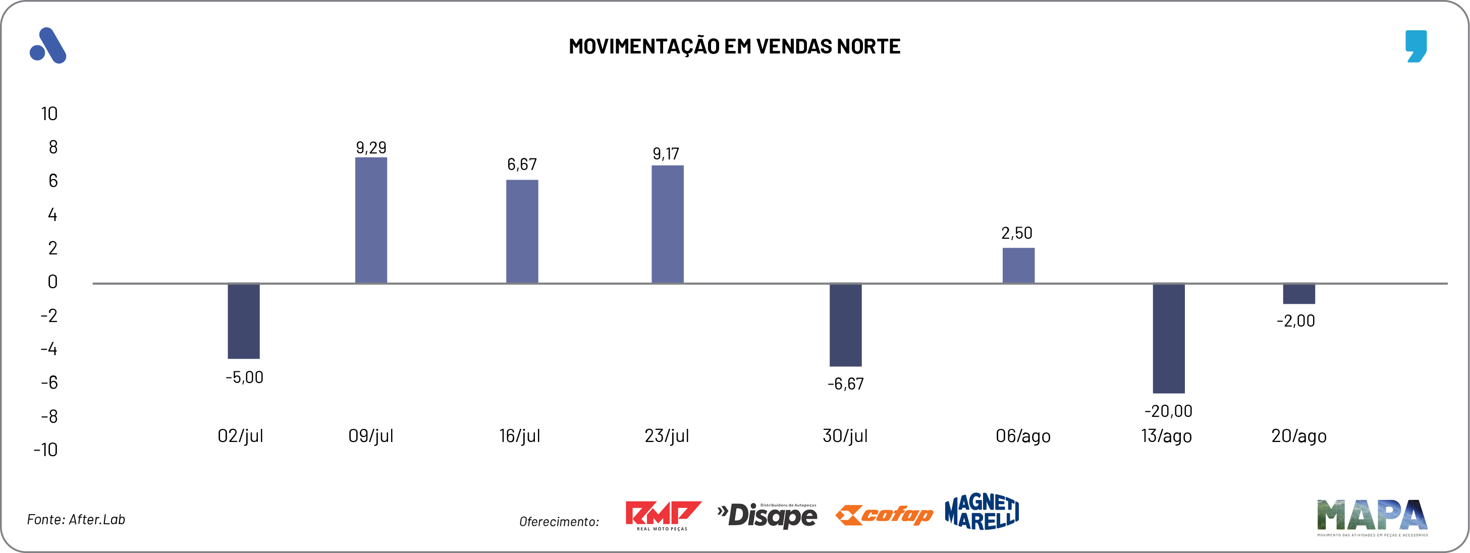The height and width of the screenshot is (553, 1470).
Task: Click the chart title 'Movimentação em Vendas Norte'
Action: tap(734, 46)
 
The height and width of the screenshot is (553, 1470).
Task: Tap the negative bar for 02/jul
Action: tap(244, 321)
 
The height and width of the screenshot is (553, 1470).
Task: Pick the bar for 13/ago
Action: tap(1168, 338)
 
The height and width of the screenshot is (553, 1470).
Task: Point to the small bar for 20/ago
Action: tap(1299, 293)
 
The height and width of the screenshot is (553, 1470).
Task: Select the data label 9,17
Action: tap(666, 153)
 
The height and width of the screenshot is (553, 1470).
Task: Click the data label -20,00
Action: tap(1168, 411)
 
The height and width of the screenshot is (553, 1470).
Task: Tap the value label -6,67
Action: tap(845, 383)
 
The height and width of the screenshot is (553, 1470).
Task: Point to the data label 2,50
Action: tap(1016, 233)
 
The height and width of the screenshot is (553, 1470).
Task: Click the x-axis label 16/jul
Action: tap(519, 436)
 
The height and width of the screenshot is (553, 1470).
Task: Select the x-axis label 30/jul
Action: tap(845, 436)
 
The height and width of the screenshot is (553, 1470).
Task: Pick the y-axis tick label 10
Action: tap(49, 114)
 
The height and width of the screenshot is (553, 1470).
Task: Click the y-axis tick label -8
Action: tap(49, 416)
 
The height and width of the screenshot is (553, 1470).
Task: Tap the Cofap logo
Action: tap(884, 515)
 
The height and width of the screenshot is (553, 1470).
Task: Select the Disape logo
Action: tap(768, 515)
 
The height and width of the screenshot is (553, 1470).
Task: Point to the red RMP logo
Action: tap(663, 515)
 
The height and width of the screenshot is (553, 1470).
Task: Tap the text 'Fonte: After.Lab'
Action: tap(76, 519)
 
